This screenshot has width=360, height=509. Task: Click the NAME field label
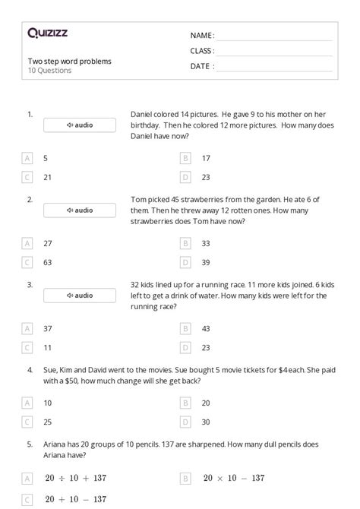pos(201,36)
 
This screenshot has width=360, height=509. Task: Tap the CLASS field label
pos(202,51)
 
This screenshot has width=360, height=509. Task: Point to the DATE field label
pos(201,66)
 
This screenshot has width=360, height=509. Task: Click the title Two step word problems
pos(69,61)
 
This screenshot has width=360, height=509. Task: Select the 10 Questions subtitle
pos(49,71)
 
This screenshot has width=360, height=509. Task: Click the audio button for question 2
pos(80,210)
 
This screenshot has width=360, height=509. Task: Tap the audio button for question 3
pos(80,295)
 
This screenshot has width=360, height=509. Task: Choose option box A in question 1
pos(27,158)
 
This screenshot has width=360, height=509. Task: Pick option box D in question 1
pos(185,177)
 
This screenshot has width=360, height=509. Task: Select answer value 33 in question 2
pos(206,243)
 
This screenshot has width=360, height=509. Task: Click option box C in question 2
pos(27,262)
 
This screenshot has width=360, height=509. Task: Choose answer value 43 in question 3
pos(206,328)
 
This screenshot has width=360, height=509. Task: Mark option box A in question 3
pos(27,328)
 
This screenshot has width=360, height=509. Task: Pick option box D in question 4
pos(185,421)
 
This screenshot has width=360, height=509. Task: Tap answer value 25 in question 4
pos(47,421)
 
